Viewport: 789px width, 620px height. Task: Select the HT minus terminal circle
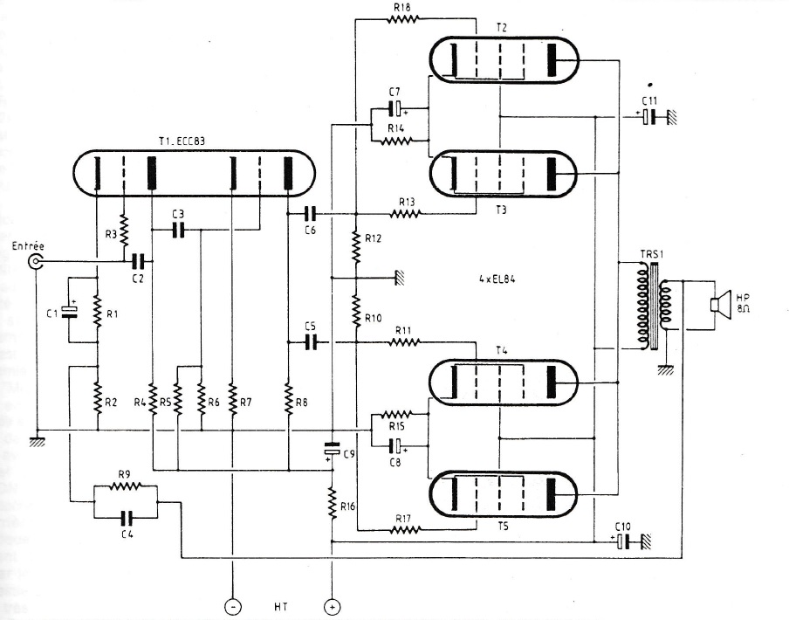coord(232,606)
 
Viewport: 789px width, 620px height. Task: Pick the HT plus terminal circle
coord(332,606)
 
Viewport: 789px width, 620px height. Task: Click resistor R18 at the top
coord(402,19)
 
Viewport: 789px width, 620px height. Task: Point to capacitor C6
coord(312,215)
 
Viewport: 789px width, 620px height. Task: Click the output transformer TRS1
coord(653,306)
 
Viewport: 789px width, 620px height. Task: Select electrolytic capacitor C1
coord(70,313)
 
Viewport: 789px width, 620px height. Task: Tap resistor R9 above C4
coord(126,486)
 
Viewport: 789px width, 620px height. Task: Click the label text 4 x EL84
coord(497,279)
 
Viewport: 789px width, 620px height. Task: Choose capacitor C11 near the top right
coord(649,117)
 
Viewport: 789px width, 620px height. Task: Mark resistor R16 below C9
coord(333,503)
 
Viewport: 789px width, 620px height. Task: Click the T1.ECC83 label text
coord(182,142)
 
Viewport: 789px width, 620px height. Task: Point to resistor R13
coord(405,215)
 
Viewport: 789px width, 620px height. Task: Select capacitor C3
coord(177,231)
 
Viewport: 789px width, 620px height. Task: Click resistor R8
coord(289,398)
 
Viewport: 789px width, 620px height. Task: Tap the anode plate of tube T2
coord(552,60)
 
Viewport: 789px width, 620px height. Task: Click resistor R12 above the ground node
coord(356,246)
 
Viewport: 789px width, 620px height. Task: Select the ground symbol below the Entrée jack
coord(37,442)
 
